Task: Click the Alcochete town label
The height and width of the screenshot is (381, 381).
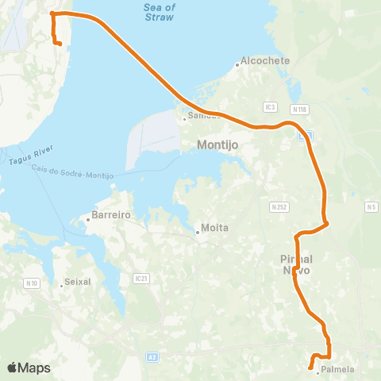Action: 266,61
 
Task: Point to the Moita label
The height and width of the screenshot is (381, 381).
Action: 215,228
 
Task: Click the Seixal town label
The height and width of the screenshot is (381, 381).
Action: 79,282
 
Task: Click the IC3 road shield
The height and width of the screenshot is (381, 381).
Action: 271,106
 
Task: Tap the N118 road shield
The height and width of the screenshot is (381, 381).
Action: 298,109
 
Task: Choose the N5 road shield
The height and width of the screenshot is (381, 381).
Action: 370,207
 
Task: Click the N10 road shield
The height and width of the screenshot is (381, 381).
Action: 33,283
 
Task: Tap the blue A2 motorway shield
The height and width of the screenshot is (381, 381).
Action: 151,358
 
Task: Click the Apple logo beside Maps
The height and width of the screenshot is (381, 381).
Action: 12,368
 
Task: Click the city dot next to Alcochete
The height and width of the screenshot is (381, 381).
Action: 237,64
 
